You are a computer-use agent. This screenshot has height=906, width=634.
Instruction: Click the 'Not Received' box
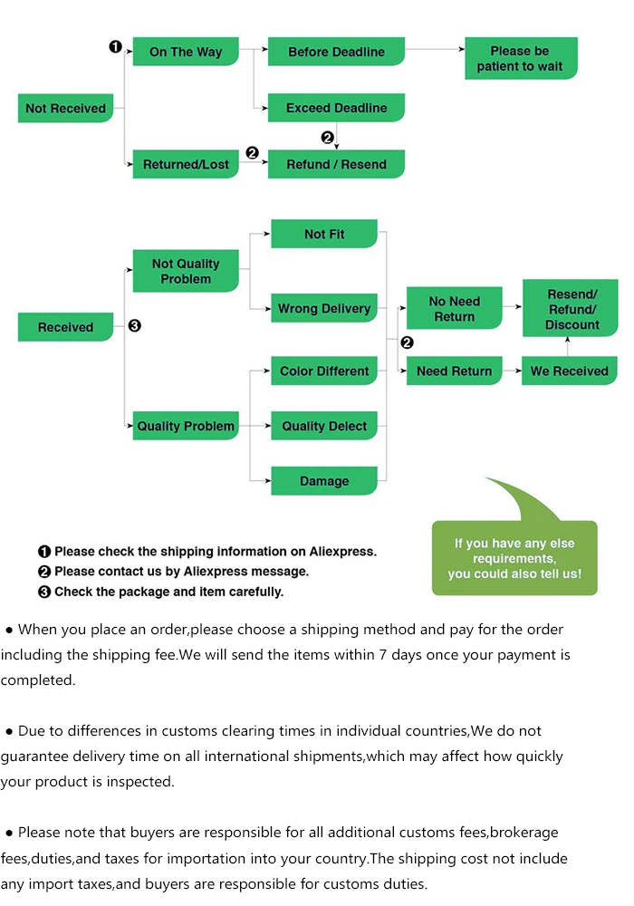[x=65, y=108]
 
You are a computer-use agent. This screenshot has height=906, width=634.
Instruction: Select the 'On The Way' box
[x=186, y=52]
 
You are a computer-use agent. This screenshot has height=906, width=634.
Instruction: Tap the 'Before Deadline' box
[x=336, y=52]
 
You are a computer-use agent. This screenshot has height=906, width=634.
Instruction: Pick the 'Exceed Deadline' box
[x=336, y=108]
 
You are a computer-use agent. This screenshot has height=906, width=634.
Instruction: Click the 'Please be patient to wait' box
[x=521, y=58]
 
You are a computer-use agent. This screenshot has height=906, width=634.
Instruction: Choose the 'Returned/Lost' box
[x=186, y=164]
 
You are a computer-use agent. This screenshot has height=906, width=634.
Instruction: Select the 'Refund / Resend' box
[x=336, y=164]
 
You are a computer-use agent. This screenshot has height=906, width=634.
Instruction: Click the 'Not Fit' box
[x=324, y=234]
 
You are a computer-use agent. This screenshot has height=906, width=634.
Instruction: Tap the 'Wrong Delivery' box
[x=324, y=308]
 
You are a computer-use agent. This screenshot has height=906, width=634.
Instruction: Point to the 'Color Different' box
[x=324, y=371]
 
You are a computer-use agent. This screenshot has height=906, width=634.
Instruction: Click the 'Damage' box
[x=324, y=481]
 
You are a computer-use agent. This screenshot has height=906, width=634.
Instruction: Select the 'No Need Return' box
[x=455, y=308]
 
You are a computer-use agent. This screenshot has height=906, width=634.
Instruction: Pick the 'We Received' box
[x=570, y=371]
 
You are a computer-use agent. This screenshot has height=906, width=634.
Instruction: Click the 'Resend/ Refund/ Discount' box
[x=571, y=308]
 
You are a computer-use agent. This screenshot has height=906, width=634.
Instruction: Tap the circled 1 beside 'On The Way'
[x=116, y=46]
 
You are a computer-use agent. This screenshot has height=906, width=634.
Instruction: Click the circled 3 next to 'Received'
[x=135, y=326]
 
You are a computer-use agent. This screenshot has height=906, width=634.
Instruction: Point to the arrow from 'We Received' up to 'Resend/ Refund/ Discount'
[x=568, y=347]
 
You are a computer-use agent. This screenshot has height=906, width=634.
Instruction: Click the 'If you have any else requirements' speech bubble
[x=514, y=557]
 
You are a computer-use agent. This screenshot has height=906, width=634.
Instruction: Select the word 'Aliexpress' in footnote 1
[x=342, y=551]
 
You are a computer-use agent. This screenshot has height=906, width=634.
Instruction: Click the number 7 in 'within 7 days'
[x=383, y=655]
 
